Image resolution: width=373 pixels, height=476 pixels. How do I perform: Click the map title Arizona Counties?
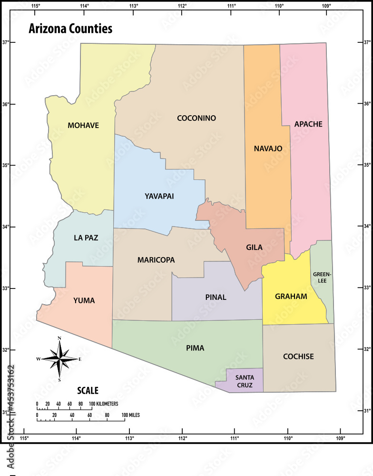click(70, 29)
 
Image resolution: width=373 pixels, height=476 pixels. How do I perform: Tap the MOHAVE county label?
click(83, 126)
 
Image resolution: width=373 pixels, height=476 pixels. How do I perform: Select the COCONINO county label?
click(196, 118)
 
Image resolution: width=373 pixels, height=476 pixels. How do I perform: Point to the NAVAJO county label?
click(268, 149)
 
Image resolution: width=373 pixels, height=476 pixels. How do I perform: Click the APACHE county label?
click(308, 124)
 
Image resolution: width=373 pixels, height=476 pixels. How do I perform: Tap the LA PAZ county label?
click(86, 238)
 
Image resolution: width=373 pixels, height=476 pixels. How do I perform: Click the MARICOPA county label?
click(156, 260)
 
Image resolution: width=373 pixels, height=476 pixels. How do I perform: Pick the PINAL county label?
click(216, 297)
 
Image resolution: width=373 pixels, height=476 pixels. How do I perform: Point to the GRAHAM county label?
click(291, 296)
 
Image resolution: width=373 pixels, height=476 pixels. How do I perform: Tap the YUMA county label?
click(84, 300)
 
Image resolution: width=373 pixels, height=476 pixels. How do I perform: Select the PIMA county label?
click(195, 348)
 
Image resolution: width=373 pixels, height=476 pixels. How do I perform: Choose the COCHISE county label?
click(298, 356)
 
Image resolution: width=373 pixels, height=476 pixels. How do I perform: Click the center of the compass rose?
click(59, 359)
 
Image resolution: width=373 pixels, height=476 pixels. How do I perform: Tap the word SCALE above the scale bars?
click(88, 391)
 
